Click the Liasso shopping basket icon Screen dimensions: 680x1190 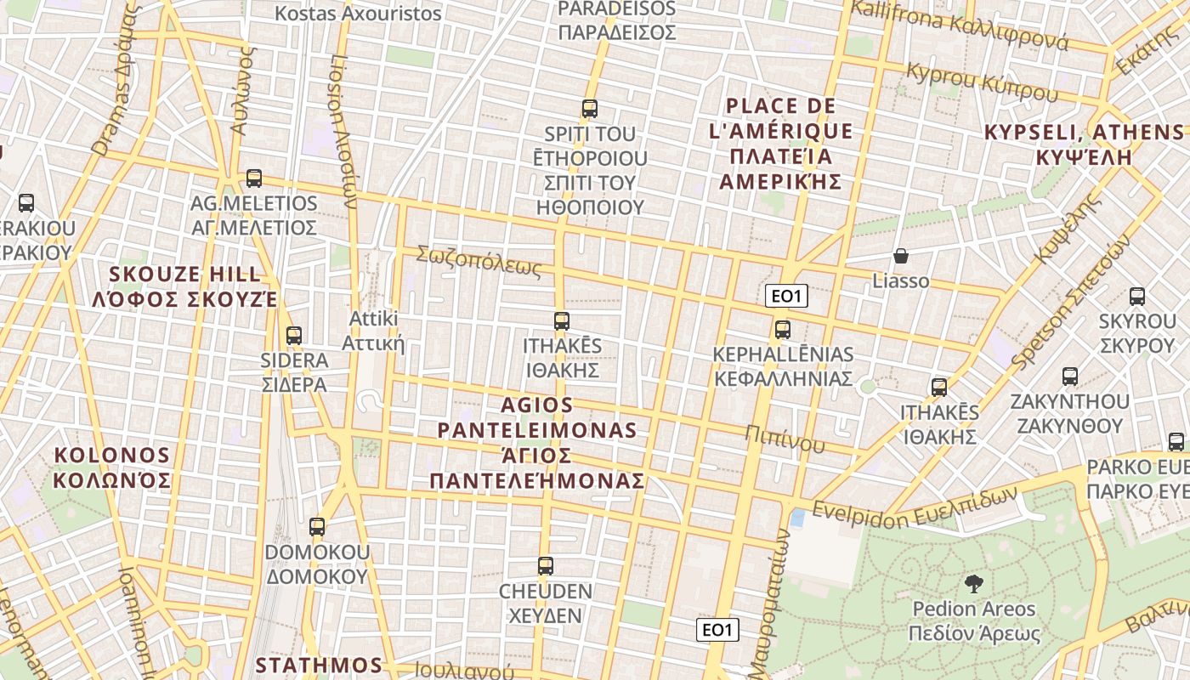click(x=900, y=256)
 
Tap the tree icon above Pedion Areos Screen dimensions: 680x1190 click(x=974, y=583)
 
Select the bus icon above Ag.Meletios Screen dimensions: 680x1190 click(x=253, y=178)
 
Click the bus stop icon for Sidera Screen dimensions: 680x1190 click(x=294, y=336)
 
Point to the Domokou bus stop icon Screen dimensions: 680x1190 click(x=317, y=527)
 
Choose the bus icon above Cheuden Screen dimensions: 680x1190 click(x=545, y=566)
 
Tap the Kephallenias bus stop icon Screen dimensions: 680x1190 click(x=783, y=330)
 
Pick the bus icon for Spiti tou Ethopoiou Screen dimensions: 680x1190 click(x=590, y=109)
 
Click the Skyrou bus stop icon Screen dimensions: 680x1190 click(x=1137, y=297)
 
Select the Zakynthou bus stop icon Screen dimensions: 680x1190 click(x=1070, y=377)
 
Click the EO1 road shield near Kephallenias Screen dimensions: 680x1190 click(x=785, y=297)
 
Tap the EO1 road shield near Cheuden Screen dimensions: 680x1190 click(x=717, y=630)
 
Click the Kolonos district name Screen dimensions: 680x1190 click(x=112, y=467)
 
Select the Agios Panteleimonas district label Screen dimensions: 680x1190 click(x=537, y=443)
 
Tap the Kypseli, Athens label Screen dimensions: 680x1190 click(x=1084, y=144)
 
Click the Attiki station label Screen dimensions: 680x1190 click(x=373, y=331)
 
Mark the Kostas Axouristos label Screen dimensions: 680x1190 click(x=359, y=14)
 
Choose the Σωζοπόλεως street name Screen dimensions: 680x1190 click(x=479, y=262)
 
